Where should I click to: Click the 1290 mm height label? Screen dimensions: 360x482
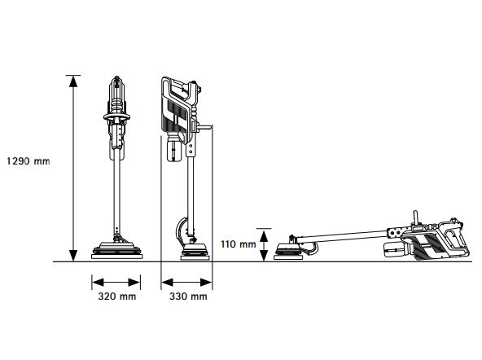27,161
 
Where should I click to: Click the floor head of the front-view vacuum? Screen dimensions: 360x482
116,248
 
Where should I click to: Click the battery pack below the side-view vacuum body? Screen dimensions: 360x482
173,150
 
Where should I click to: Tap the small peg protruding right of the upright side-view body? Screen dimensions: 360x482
207,127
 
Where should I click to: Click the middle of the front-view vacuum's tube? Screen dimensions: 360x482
116,195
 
